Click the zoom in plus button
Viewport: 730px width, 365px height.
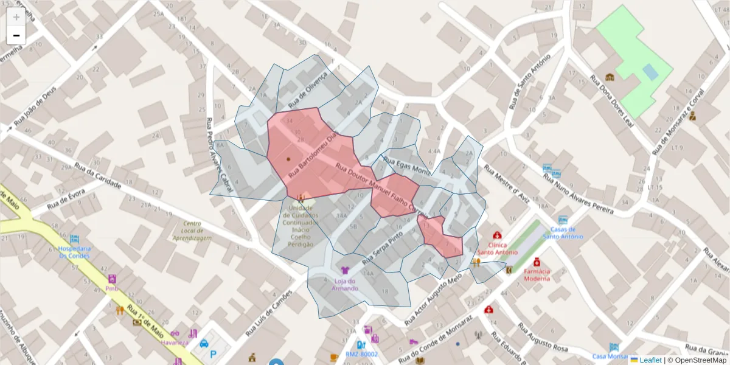click(x=16, y=17)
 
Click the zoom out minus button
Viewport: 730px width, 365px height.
click(x=16, y=35)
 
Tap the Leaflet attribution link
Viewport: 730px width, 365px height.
click(x=650, y=360)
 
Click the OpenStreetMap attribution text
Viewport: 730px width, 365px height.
click(x=699, y=360)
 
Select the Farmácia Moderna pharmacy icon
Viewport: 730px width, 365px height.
click(x=537, y=262)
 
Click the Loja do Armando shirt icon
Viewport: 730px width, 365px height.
click(x=345, y=270)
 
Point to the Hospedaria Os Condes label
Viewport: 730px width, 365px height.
click(x=74, y=252)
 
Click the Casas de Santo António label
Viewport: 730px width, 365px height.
click(x=563, y=232)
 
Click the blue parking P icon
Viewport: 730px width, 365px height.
click(x=213, y=354)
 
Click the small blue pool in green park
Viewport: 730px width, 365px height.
click(x=650, y=72)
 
